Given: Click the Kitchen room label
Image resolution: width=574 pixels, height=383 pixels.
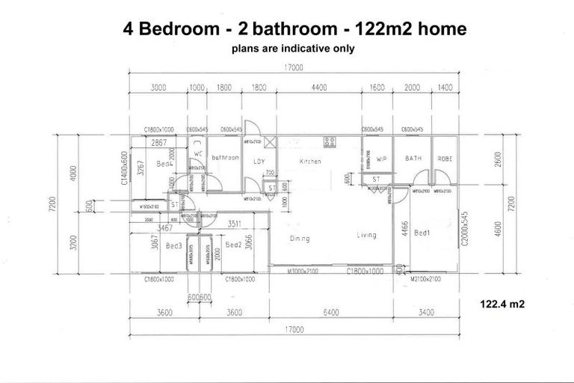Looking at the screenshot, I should point(310,162).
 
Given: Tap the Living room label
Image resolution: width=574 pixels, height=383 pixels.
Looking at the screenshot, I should point(366,235).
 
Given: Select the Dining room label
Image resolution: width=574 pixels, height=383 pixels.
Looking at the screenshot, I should point(300,239).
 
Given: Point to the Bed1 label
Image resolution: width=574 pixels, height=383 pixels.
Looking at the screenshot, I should point(422,233).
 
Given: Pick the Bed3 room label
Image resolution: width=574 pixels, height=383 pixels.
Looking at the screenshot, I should point(174,245).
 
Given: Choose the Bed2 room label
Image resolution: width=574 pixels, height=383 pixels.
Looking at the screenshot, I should point(233,245).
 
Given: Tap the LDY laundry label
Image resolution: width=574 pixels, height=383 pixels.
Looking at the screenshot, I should point(259,161).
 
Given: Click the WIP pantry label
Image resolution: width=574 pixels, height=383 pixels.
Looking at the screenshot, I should point(381,159).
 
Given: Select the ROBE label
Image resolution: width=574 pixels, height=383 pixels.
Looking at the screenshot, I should point(445,159).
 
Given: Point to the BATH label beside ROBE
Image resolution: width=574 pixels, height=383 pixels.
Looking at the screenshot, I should point(413,159).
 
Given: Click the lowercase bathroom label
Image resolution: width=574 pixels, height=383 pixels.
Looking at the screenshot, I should point(224,158).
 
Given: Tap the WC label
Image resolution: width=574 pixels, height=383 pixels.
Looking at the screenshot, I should point(198,154).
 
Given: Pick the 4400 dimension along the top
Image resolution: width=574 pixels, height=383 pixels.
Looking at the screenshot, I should point(319,88).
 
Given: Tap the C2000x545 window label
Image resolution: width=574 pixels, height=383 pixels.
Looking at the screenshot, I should point(464,229).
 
